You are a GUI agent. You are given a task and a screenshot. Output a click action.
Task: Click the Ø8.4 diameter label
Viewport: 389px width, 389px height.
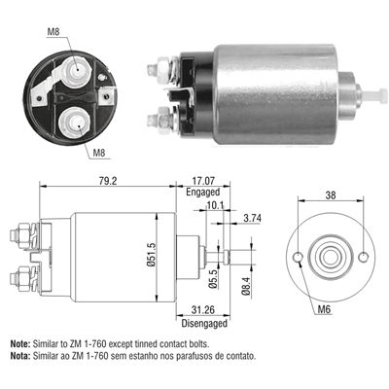tap(245, 286)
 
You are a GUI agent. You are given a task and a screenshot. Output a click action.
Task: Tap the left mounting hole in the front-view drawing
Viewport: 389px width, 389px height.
tap(299, 258)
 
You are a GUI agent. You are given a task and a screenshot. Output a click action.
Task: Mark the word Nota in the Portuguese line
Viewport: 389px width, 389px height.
tap(18, 356)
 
